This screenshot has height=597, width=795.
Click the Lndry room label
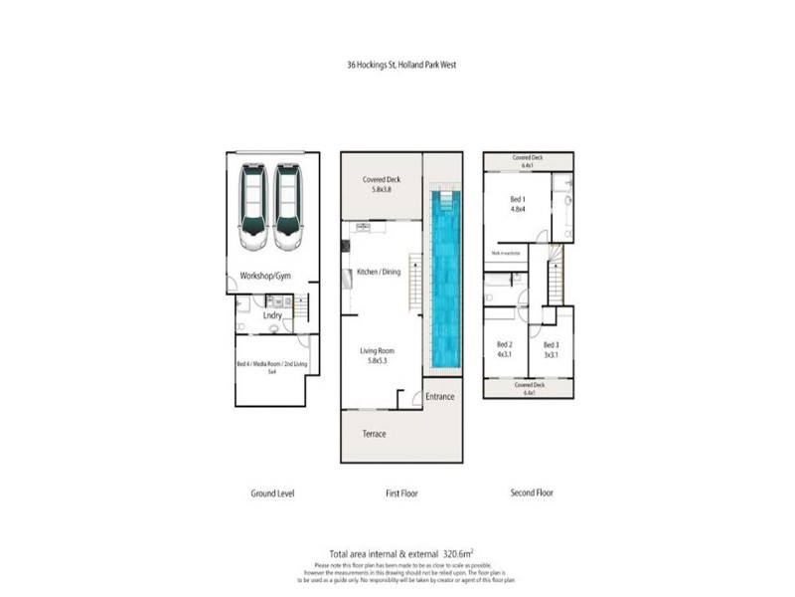click(272, 315)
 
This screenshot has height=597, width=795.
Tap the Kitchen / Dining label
click(379, 272)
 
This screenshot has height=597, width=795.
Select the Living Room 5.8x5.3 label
click(379, 355)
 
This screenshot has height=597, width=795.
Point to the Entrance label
click(440, 397)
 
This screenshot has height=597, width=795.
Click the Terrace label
click(374, 434)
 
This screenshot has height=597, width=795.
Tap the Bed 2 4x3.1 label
click(503, 349)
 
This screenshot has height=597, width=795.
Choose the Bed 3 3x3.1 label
click(551, 349)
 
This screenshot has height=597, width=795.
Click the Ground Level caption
click(271, 493)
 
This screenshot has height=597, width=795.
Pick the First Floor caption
click(400, 493)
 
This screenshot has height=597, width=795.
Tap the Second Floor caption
click(532, 493)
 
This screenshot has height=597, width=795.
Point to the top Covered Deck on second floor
click(528, 161)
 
